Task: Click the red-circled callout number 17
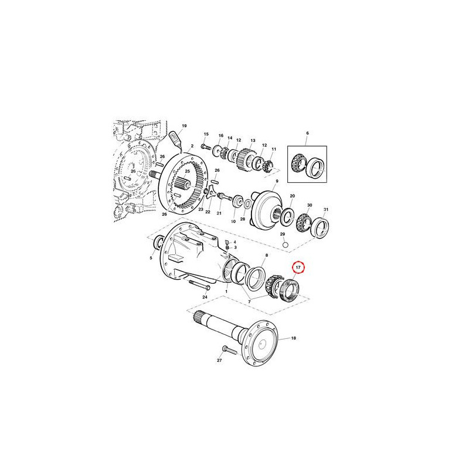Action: tap(298, 267)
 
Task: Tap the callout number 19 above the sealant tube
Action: tap(184, 125)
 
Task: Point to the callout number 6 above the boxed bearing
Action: tap(307, 133)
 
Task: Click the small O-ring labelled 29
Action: tap(286, 245)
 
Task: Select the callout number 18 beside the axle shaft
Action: tap(294, 338)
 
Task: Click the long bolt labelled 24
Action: tap(199, 284)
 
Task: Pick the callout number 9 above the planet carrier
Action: tap(277, 181)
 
